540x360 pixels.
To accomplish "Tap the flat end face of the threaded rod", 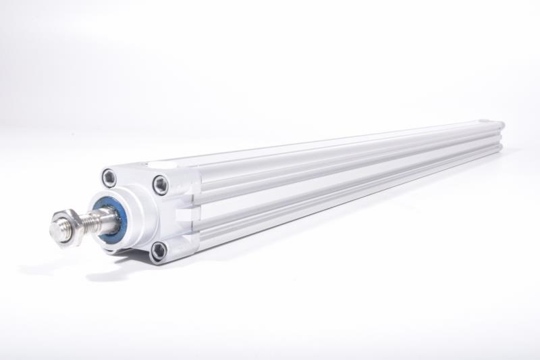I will [57, 230].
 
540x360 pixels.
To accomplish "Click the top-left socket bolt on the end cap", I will [109, 178].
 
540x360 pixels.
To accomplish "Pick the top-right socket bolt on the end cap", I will [160, 184].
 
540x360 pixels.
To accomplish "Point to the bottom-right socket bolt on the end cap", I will [159, 251].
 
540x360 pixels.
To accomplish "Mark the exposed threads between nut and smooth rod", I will [86, 223].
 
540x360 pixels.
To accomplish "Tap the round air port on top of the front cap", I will [155, 164].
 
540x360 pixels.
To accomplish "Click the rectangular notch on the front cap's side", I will [184, 215].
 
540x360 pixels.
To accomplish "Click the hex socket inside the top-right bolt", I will [160, 184].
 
